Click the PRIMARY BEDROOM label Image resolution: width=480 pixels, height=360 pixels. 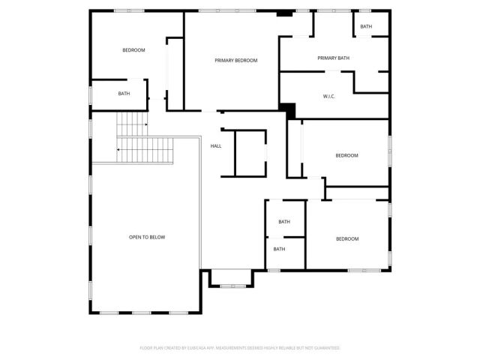(235, 60)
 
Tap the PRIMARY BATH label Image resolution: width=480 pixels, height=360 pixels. (333, 58)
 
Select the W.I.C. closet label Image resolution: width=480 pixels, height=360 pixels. (328, 96)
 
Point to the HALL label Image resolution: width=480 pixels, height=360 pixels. (216, 145)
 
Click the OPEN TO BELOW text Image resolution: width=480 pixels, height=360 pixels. (147, 237)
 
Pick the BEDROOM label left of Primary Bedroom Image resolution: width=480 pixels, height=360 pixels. (133, 49)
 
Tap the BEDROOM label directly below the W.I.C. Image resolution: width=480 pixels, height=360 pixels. (346, 155)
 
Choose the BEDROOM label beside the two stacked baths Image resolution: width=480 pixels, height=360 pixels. (347, 238)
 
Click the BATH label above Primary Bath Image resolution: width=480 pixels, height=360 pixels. (366, 26)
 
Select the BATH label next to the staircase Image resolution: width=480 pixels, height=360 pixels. (124, 94)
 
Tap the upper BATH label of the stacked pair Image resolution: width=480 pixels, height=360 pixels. (284, 221)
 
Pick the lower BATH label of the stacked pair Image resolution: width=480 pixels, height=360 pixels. (279, 249)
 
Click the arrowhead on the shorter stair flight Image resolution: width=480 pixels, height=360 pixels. (146, 124)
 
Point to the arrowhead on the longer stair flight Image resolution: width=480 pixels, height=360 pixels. (118, 148)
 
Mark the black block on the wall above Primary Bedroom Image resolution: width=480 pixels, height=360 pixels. (283, 13)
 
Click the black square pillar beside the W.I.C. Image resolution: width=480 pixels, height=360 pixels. (284, 108)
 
